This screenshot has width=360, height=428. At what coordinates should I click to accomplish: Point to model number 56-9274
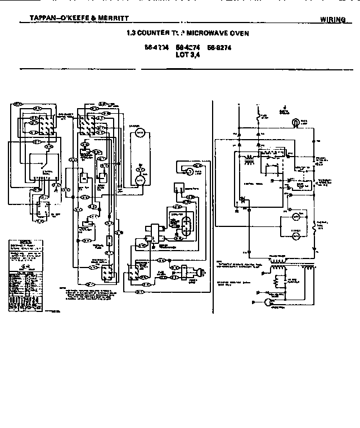219,48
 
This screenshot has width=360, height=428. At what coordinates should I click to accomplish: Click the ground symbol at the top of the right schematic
286,109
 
